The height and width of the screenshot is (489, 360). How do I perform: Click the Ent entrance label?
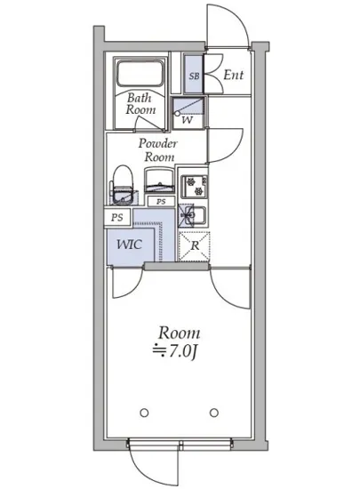point(234,75)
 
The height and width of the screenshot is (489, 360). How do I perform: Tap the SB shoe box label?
point(194,76)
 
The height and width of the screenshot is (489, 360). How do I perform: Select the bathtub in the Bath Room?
point(140,74)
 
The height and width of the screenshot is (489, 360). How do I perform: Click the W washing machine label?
point(187,120)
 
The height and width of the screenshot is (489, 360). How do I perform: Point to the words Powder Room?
point(158,150)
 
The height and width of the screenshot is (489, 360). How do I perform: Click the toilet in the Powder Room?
point(122,185)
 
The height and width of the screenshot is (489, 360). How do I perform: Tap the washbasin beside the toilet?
point(159,180)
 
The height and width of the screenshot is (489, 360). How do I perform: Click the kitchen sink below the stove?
point(192,215)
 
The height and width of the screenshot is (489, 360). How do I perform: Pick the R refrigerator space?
point(194,246)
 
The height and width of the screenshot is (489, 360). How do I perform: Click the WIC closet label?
point(130,244)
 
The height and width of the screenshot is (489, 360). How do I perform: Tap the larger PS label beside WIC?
point(117,217)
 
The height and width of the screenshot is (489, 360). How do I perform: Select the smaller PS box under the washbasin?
point(161,202)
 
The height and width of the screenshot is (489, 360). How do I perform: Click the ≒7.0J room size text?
point(175,351)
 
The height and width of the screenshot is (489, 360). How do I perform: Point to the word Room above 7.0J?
point(179,333)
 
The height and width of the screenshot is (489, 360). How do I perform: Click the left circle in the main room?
point(144,413)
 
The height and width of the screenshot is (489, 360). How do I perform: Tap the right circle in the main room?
point(214,413)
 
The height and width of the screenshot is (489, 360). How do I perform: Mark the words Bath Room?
point(140,104)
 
